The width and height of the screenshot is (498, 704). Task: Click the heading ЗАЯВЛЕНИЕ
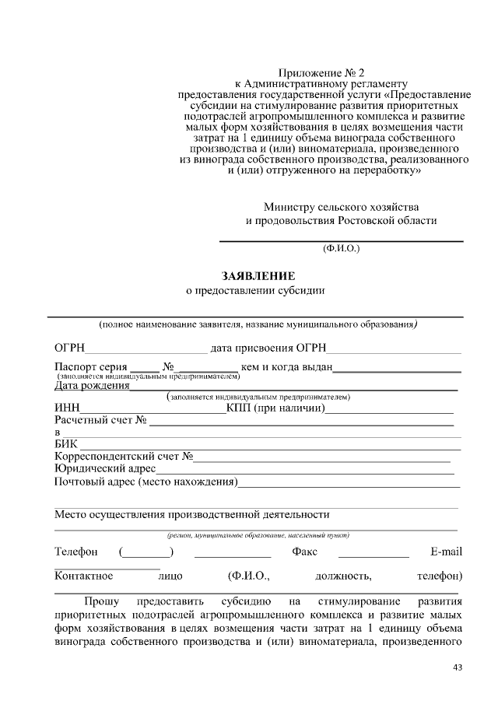pyautogui.click(x=258, y=275)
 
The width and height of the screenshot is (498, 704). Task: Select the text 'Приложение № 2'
pyautogui.click(x=321, y=72)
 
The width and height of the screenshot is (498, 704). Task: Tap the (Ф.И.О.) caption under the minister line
pyautogui.click(x=341, y=249)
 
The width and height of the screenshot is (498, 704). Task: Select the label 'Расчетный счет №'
pyautogui.click(x=100, y=420)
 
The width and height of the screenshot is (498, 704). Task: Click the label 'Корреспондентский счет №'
pyautogui.click(x=124, y=456)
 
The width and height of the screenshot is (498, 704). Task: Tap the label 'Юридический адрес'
pyautogui.click(x=104, y=468)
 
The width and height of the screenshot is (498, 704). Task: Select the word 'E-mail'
pyautogui.click(x=446, y=552)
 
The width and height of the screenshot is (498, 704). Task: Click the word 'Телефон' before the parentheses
pyautogui.click(x=75, y=552)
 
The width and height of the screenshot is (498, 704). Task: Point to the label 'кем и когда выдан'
pyautogui.click(x=287, y=366)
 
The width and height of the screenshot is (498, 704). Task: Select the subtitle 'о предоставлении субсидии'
pyautogui.click(x=254, y=291)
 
